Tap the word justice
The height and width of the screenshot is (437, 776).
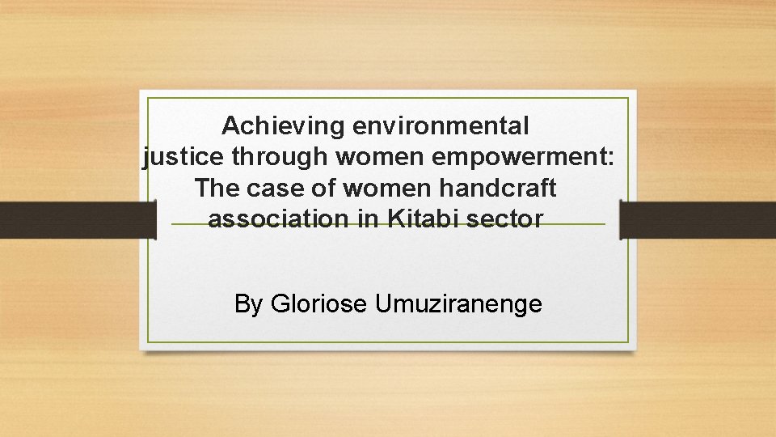tap(183, 157)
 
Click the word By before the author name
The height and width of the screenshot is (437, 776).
tap(248, 303)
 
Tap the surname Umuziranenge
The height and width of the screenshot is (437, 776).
tap(458, 303)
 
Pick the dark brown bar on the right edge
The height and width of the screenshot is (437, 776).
tap(698, 219)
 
